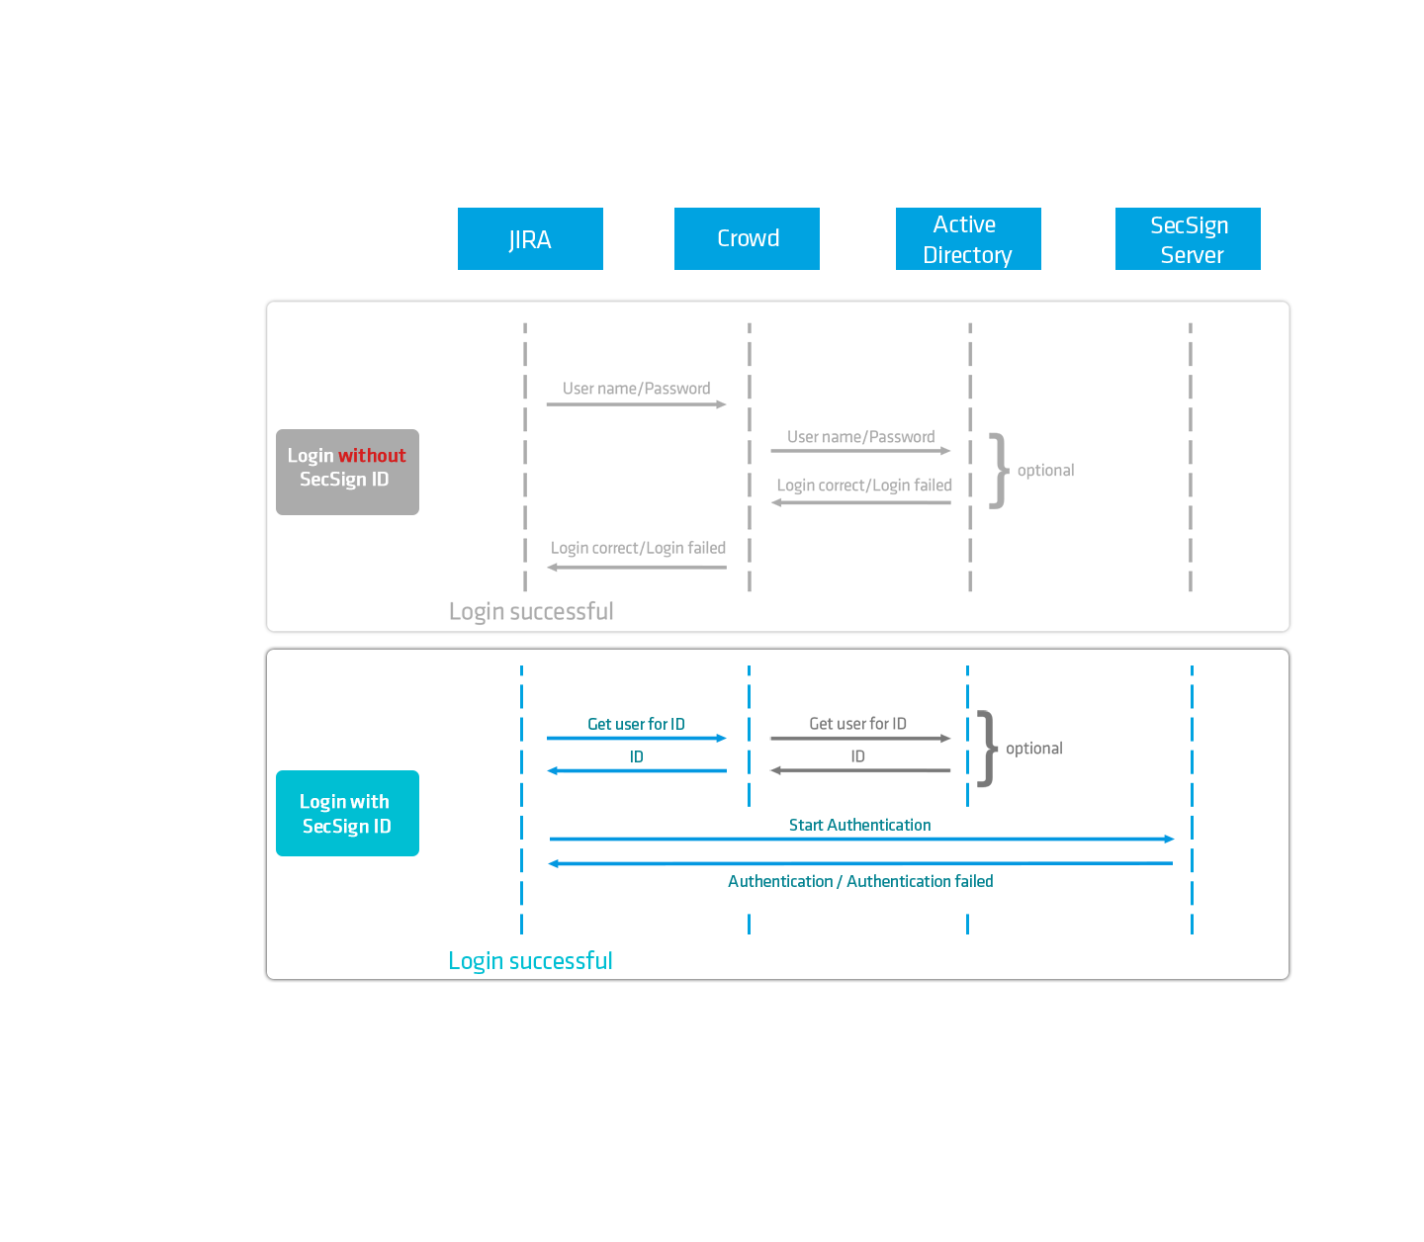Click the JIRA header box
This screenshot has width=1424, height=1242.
pyautogui.click(x=530, y=240)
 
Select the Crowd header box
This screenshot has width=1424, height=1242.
pyautogui.click(x=748, y=239)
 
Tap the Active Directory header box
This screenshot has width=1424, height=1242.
pyautogui.click(x=967, y=240)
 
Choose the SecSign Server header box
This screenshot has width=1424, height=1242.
pyautogui.click(x=1189, y=240)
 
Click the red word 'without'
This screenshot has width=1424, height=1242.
pyautogui.click(x=372, y=456)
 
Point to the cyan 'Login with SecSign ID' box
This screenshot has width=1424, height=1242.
pyautogui.click(x=347, y=813)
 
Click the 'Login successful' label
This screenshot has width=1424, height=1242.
pyautogui.click(x=531, y=961)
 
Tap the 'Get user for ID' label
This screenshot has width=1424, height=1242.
pyautogui.click(x=636, y=725)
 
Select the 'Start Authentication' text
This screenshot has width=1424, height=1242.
pyautogui.click(x=859, y=825)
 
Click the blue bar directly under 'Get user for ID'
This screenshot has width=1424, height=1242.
pyautogui.click(x=636, y=739)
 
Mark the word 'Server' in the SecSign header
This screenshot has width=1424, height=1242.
pyautogui.click(x=1192, y=255)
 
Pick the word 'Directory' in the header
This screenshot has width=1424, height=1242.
pyautogui.click(x=967, y=255)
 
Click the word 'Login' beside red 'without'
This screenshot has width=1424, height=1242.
pyautogui.click(x=311, y=456)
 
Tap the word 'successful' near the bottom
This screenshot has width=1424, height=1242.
pyautogui.click(x=560, y=961)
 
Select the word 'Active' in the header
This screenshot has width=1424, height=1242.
pyautogui.click(x=964, y=224)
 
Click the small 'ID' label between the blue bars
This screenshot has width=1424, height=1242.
pyautogui.click(x=637, y=756)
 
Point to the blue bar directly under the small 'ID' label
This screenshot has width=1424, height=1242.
pyautogui.click(x=636, y=770)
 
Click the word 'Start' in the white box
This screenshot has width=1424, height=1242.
pyautogui.click(x=806, y=825)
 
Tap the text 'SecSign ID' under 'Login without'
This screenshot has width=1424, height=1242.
pyautogui.click(x=344, y=480)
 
